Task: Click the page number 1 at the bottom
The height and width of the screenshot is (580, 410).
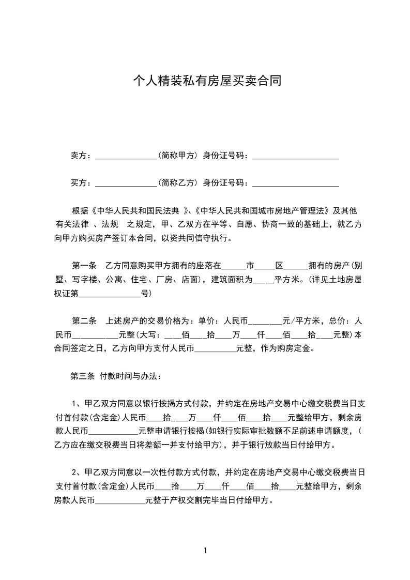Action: (205, 551)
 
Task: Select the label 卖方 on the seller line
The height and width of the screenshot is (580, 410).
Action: (78, 155)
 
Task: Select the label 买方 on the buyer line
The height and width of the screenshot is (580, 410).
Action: (78, 182)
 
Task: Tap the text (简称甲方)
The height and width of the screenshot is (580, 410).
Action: (177, 155)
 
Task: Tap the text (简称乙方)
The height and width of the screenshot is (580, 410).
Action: (177, 182)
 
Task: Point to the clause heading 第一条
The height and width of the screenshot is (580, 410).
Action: (84, 266)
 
